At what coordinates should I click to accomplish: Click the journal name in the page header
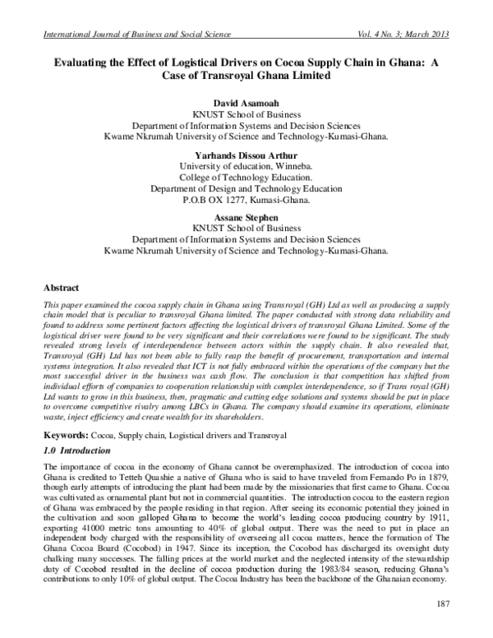coord(130,34)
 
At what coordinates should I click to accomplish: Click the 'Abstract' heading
coord(62,289)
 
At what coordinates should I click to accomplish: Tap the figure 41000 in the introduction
coord(91,534)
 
